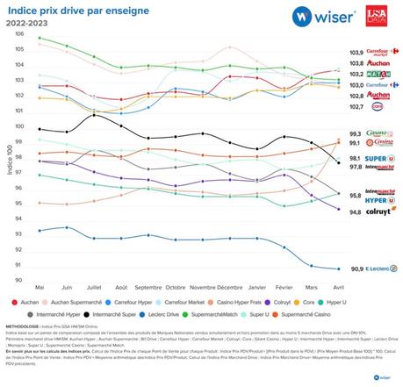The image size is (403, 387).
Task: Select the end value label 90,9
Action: point(356,269)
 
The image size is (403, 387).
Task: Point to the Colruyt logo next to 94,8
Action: point(379,211)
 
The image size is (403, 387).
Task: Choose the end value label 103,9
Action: point(356,53)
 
